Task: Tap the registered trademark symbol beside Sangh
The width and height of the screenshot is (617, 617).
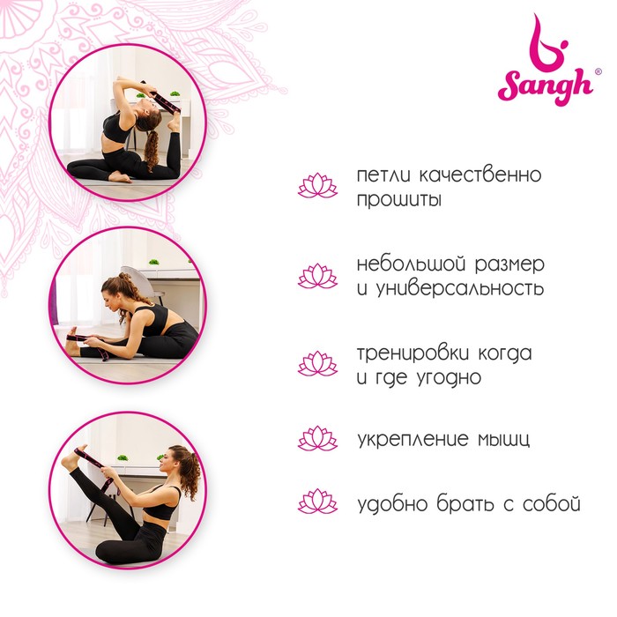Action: pos(598,71)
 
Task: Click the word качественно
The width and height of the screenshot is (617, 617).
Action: pos(480,175)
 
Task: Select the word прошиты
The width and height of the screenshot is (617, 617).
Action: pos(399,199)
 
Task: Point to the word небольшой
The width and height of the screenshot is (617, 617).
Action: pos(412,264)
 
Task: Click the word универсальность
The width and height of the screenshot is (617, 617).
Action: pos(459,288)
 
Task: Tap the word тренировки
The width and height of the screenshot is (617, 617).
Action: pos(413,353)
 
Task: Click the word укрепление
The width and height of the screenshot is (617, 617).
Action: pos(413,439)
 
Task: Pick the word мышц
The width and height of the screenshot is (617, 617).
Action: pos(503,440)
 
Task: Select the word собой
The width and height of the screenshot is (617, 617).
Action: pos(552,503)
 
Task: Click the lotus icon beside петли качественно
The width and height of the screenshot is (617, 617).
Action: pos(317,185)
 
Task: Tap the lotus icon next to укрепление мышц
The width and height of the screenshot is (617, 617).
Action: pos(317,438)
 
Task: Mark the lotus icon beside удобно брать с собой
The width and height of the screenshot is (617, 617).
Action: pos(317,501)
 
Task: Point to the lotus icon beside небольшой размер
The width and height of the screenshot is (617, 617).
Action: pos(317,276)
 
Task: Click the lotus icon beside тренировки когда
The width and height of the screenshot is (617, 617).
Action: pos(317,363)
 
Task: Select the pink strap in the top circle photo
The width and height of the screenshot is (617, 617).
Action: pos(163,100)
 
